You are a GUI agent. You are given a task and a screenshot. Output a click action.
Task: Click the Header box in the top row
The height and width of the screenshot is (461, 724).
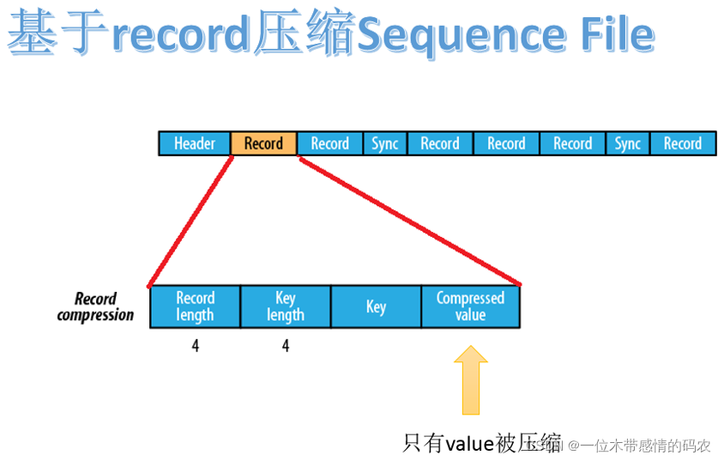pos(195,143)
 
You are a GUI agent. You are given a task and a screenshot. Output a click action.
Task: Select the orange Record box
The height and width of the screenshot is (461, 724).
pos(263,143)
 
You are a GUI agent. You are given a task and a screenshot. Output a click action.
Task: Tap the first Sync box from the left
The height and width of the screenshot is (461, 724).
pos(384,143)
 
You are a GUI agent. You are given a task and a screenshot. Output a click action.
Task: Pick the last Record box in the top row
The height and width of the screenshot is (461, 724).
pos(682,143)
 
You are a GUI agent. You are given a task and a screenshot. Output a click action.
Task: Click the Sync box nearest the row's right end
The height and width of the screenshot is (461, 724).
pos(627,143)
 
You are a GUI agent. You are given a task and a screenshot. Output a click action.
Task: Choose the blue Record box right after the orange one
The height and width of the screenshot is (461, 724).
pos(329,143)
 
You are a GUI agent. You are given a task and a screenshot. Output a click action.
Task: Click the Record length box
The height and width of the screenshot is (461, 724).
pos(195,306)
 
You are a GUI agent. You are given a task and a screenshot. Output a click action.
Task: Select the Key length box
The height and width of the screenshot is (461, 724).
pos(285,306)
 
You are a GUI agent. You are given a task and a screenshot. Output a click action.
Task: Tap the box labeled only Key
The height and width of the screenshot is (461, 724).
pos(376,306)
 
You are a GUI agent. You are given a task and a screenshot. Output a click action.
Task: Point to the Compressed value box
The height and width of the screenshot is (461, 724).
pos(470,306)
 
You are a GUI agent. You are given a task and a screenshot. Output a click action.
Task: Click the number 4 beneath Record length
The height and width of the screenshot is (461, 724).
pos(196,347)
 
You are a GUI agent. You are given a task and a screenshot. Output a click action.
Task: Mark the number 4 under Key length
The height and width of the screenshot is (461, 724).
pos(286,347)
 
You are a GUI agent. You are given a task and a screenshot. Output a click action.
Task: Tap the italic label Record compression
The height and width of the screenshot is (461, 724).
pos(96,306)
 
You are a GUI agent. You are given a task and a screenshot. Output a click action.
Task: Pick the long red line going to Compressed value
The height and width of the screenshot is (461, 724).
pos(410,221)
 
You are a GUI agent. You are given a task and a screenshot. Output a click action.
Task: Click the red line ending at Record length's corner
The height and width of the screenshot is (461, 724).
pos(190,221)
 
